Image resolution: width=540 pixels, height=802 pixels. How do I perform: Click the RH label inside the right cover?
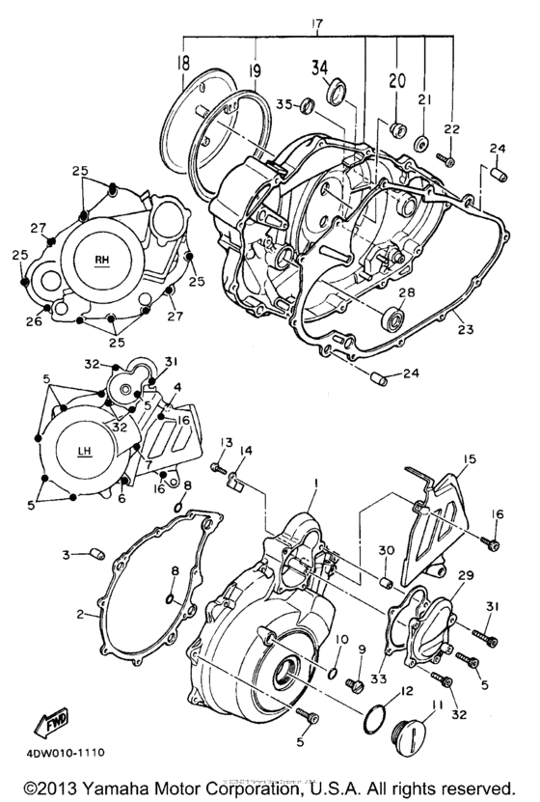102,260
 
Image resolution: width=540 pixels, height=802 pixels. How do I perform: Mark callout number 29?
468,574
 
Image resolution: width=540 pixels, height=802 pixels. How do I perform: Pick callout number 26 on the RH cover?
34,321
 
